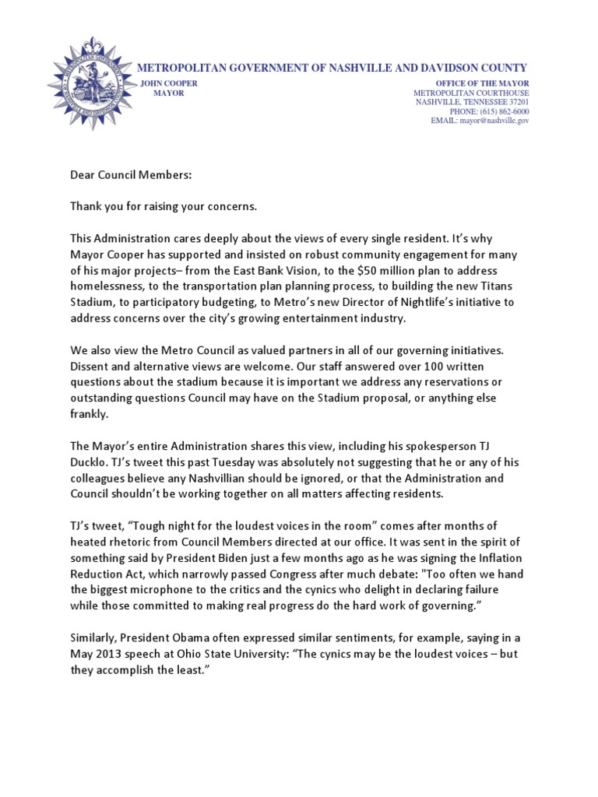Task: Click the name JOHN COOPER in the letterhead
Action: (167, 83)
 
